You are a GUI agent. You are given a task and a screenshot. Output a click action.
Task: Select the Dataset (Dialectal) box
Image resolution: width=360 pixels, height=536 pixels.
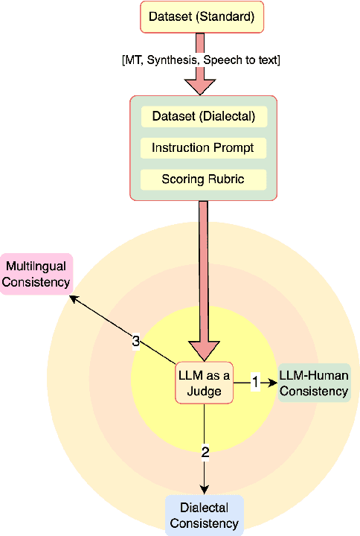pos(203,116)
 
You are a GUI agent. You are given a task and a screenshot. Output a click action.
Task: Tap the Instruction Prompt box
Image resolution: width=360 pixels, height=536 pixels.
pos(203,147)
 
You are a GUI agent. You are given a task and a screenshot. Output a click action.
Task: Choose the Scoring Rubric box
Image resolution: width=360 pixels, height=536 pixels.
pos(203,179)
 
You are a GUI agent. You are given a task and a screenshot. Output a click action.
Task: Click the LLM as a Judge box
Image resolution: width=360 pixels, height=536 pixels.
pos(204,383)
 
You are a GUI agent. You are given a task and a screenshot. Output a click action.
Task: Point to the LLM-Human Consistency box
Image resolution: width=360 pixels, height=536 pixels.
pos(313,383)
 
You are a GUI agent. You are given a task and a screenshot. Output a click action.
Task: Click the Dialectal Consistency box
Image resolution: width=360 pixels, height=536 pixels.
pos(204,516)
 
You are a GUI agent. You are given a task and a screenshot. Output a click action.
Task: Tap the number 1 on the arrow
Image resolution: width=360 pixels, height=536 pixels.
pos(254,382)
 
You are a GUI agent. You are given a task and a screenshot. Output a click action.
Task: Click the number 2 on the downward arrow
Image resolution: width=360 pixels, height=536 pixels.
pos(205,450)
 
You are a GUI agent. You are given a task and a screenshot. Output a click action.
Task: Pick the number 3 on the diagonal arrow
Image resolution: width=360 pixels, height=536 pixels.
pos(135,341)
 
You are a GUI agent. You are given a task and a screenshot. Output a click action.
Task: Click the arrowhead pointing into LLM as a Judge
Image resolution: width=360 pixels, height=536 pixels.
pos(204,350)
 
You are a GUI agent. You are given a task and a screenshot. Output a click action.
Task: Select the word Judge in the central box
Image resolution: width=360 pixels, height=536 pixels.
pos(204,390)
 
